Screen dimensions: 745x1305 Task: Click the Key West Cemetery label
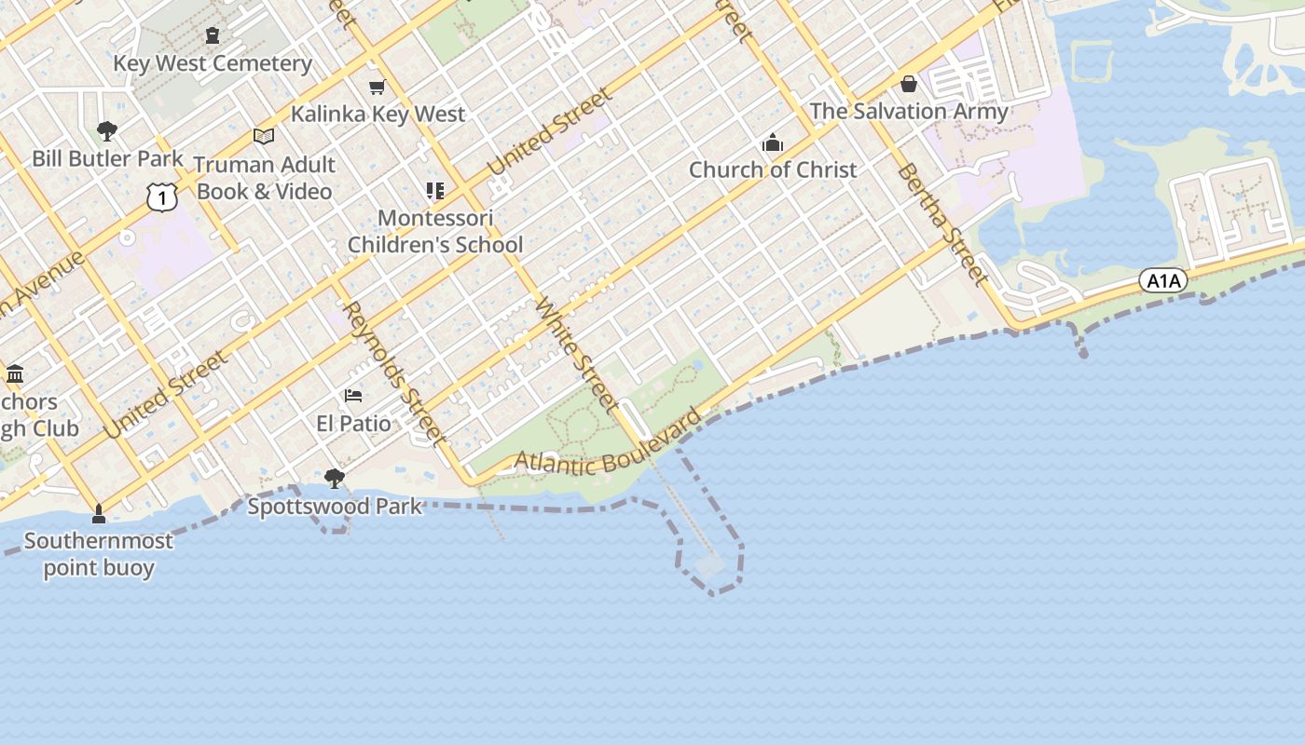[x=213, y=63]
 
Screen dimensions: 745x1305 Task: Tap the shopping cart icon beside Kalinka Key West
[x=377, y=88]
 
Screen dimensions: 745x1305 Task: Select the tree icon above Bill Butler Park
[x=107, y=130]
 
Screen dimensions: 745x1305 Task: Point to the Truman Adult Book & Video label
[x=264, y=178]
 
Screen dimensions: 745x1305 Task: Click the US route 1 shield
[x=161, y=196]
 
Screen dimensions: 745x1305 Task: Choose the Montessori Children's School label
[x=434, y=232]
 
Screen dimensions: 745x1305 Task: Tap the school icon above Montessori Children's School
[x=434, y=191]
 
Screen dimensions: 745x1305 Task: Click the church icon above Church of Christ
[x=772, y=143]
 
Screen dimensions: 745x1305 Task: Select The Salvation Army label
[x=909, y=111]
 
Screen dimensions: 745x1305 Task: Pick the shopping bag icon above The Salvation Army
[x=908, y=85]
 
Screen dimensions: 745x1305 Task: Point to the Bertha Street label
[x=941, y=224]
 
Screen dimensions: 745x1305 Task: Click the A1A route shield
[x=1162, y=280]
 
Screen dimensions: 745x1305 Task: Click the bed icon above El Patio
[x=353, y=396]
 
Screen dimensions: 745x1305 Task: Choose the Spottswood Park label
[x=335, y=507]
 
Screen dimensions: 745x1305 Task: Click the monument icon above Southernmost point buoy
[x=99, y=515]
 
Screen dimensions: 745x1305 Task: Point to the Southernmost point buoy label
[x=99, y=554]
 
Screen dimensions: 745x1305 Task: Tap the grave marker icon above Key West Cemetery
[x=213, y=35]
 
